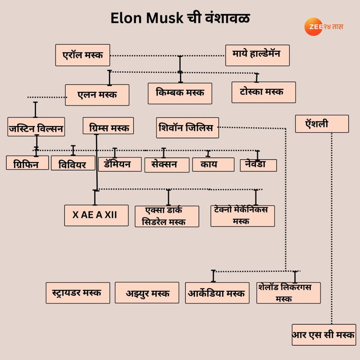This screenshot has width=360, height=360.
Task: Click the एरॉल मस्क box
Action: (82, 55)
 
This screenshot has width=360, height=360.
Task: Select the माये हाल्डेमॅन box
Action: (257, 55)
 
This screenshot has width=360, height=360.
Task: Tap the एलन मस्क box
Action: (97, 95)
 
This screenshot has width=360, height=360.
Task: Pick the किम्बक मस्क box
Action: (180, 93)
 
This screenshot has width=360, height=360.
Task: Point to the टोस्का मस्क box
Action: (263, 92)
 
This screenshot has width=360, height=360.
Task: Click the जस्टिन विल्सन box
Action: (36, 127)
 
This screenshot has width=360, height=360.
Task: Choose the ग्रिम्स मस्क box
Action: (108, 126)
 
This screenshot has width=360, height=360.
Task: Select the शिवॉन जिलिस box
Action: (187, 127)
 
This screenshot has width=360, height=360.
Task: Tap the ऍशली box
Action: (322, 124)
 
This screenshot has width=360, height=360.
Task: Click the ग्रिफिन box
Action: (27, 163)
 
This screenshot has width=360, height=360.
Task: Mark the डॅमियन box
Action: (120, 164)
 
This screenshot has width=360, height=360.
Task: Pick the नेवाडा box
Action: (258, 165)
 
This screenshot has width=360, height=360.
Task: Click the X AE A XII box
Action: (96, 215)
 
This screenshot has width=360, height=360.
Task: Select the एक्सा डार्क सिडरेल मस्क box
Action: (166, 217)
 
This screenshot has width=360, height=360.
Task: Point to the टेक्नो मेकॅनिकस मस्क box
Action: (242, 216)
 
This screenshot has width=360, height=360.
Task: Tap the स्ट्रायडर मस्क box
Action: (78, 292)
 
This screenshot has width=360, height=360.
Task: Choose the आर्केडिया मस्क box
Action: (217, 293)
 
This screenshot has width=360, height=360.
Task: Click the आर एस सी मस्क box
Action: (323, 335)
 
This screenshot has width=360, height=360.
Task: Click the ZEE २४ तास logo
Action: (323, 27)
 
